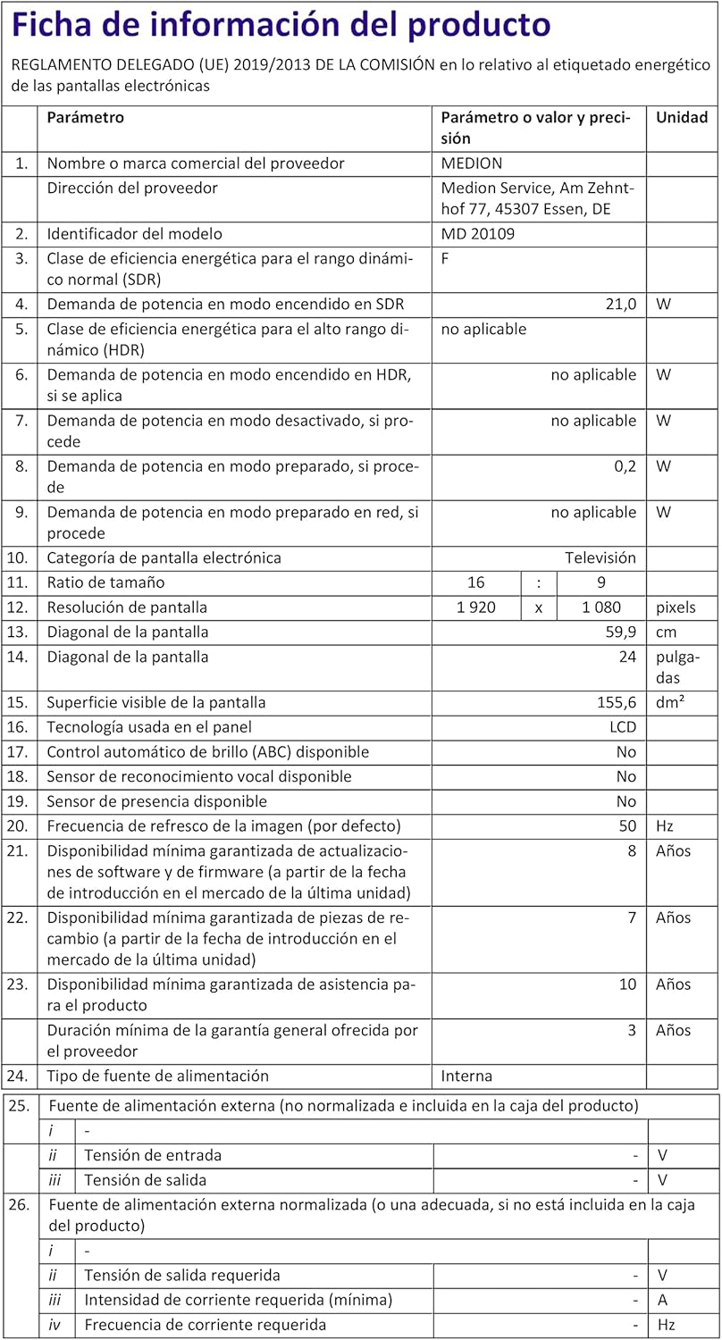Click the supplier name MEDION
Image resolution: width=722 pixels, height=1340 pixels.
[472, 163]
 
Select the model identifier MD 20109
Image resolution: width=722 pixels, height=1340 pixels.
[478, 234]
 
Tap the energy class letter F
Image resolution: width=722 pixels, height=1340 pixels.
[446, 258]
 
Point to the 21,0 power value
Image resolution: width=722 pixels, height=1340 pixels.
[620, 304]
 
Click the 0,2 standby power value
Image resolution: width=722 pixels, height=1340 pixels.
[625, 466]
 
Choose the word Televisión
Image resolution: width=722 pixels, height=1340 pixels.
[600, 558]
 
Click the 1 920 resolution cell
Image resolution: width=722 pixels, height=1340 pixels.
[476, 607]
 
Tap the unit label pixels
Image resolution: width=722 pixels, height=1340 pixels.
[676, 607]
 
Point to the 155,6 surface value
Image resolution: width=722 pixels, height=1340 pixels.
[615, 703]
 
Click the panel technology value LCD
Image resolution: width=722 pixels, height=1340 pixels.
[621, 728]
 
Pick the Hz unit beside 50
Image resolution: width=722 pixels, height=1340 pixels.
[665, 826]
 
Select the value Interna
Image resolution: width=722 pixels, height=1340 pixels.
[466, 1076]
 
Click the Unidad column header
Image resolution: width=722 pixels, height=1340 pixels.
[682, 117]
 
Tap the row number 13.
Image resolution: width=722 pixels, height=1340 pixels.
[19, 632]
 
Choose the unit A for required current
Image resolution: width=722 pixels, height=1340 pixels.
[662, 1300]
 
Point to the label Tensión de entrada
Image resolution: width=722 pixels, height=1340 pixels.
[153, 1155]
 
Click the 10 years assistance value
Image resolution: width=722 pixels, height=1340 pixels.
[628, 984]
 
